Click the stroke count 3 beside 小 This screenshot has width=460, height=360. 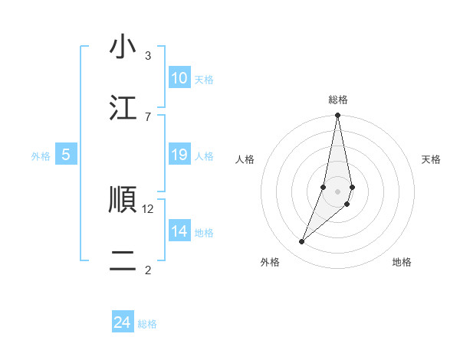point(147,56)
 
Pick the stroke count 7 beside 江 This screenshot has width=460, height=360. point(147,116)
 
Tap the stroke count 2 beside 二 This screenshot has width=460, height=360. point(147,270)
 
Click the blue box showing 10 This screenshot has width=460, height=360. point(179,78)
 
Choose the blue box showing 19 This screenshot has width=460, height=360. point(179,155)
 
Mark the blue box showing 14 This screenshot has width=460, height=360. point(179,231)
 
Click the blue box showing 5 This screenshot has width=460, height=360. point(66,155)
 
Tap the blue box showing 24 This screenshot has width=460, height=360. point(123,322)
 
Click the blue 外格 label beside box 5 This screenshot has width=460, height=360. point(41,156)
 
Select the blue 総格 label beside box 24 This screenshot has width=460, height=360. point(147,324)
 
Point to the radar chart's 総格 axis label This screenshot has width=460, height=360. point(338,100)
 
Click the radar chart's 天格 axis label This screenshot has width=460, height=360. point(431,159)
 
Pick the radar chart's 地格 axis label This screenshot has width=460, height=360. point(402,262)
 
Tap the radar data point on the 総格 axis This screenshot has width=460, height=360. point(337,116)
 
